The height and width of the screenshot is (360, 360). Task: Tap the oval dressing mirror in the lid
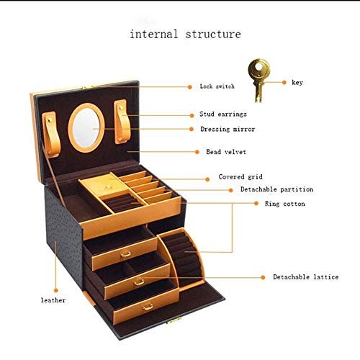[86, 127]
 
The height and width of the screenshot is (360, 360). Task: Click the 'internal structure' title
[185, 34]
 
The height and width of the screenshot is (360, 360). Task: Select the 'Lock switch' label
[217, 86]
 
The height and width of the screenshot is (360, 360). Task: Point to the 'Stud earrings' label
[223, 114]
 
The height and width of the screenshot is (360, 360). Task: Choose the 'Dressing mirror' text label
[228, 129]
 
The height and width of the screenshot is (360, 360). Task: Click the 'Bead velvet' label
[226, 152]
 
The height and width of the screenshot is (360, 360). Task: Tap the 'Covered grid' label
[240, 177]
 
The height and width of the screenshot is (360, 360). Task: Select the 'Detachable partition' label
[277, 189]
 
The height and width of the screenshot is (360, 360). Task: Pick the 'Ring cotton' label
[285, 204]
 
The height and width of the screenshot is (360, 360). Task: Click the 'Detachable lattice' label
[306, 277]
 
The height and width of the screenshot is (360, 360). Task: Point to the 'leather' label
[53, 300]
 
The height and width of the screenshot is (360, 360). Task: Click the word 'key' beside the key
[297, 83]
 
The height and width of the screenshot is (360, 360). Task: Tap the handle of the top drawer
[125, 254]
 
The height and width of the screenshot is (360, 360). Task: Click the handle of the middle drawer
[139, 282]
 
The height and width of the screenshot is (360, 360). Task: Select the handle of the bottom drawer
[148, 307]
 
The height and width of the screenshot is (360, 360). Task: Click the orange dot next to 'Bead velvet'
[197, 152]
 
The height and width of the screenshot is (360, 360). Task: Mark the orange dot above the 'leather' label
[56, 291]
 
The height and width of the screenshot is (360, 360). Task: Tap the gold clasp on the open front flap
[174, 320]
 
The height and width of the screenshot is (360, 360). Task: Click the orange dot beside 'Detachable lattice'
[263, 277]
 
